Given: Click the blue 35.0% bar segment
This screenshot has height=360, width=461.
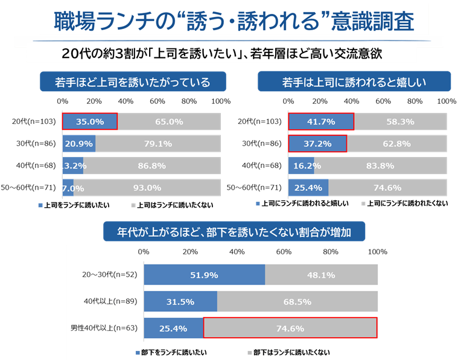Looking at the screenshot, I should coord(90,121).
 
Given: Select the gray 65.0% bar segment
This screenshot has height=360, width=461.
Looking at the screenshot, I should coord(169,121).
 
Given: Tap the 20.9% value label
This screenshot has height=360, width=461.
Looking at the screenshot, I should coord(78,144).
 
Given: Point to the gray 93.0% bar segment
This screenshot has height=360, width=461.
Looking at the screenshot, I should coord(147,188).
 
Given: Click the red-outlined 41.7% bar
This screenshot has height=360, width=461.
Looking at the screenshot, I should coord(321,121).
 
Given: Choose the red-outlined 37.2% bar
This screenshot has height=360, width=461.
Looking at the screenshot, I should coord(317,144).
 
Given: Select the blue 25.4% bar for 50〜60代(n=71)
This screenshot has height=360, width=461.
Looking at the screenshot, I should coord(308,188).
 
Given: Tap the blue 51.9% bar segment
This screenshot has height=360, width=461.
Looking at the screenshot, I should coord(205,275).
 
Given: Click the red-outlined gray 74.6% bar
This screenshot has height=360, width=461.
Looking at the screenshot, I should coord(290,328).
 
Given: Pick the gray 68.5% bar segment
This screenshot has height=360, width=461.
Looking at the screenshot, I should coord(297,301).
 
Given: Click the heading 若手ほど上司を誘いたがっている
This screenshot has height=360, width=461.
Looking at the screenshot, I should coord(133,82).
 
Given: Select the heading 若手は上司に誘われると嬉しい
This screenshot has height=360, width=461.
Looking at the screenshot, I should coord(354,82).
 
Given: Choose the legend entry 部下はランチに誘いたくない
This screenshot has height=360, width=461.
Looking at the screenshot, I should coord(292,352).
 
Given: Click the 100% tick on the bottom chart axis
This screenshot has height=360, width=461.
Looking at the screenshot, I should coord(377,251).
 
